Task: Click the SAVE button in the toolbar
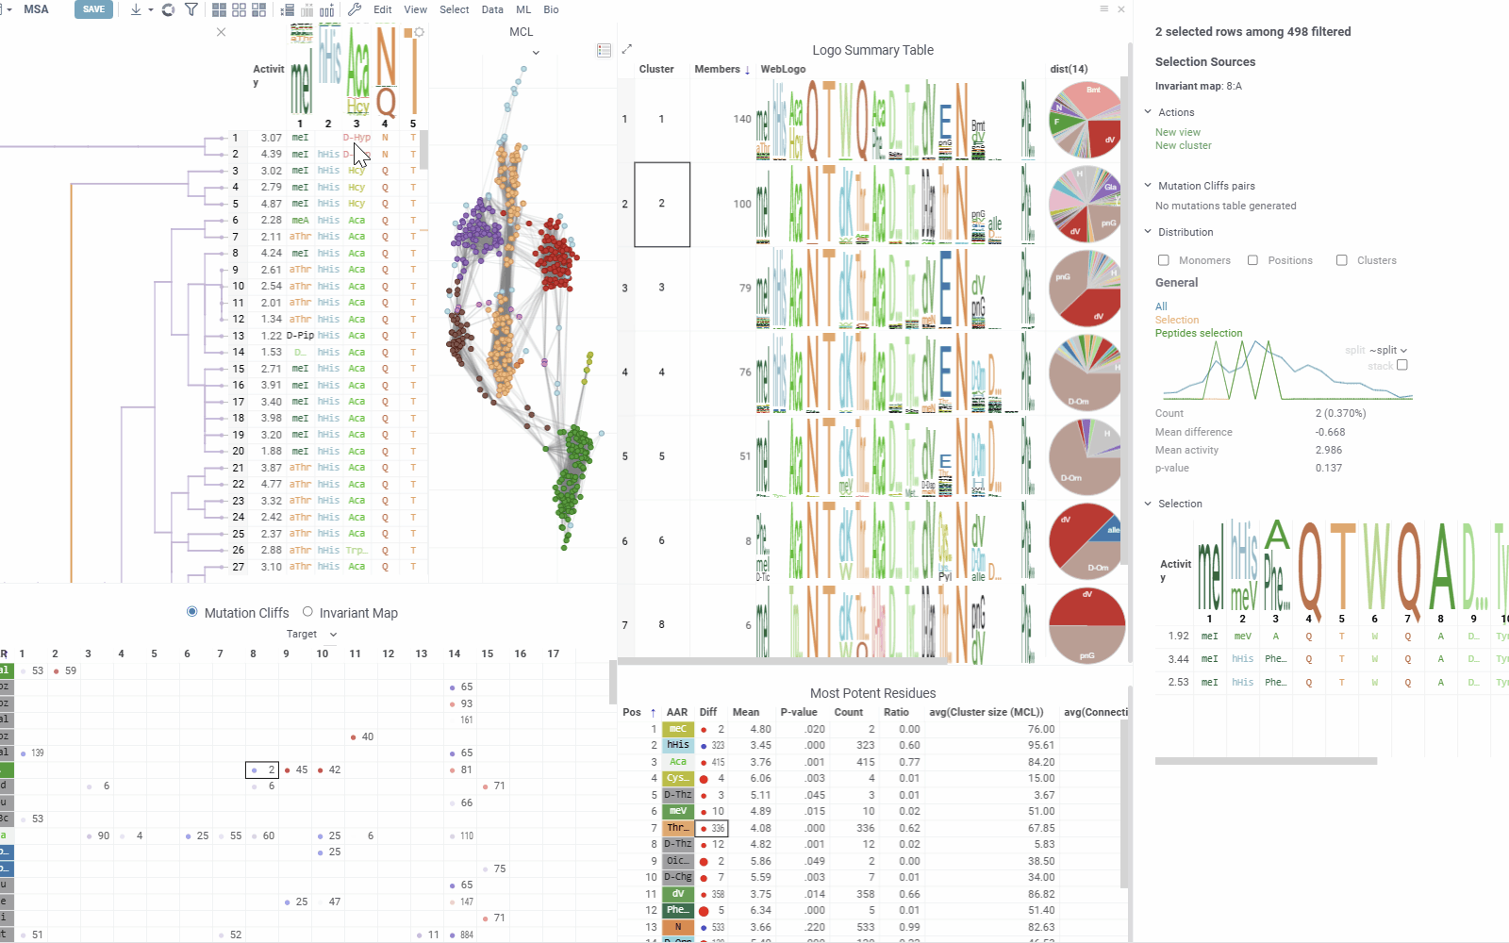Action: (93, 9)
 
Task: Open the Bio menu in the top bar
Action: (551, 9)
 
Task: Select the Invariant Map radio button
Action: (307, 612)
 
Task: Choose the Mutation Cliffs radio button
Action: (192, 612)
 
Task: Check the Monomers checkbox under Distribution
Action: (1164, 260)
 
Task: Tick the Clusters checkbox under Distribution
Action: (1341, 260)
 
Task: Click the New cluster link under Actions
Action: (1183, 145)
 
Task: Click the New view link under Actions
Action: (1177, 132)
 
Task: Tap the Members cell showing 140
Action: (742, 119)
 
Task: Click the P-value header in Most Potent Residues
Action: (798, 712)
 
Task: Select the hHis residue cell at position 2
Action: (677, 745)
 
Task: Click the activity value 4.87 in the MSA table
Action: (271, 204)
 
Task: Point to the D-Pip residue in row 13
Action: (300, 336)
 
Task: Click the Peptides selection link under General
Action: (1198, 333)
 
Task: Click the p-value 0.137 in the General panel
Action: (1328, 468)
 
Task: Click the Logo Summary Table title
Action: (872, 50)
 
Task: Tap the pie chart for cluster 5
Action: (1085, 456)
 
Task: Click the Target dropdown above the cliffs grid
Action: (311, 634)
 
